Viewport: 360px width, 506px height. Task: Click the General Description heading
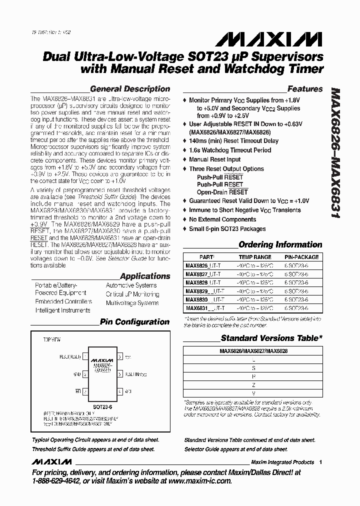pos(129,89)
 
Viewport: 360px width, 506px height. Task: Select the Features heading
pos(305,89)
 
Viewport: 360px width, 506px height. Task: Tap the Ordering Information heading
pos(280,244)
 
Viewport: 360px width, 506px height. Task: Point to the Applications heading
pos(145,276)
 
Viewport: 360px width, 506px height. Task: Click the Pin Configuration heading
pos(134,322)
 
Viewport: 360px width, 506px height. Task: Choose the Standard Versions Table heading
pos(271,338)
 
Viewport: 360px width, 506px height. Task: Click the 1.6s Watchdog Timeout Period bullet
pos(230,150)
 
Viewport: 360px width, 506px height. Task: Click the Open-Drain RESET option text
pos(222,192)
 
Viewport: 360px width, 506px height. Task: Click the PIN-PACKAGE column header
pos(298,257)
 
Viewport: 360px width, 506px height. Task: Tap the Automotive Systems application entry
pos(131,285)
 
